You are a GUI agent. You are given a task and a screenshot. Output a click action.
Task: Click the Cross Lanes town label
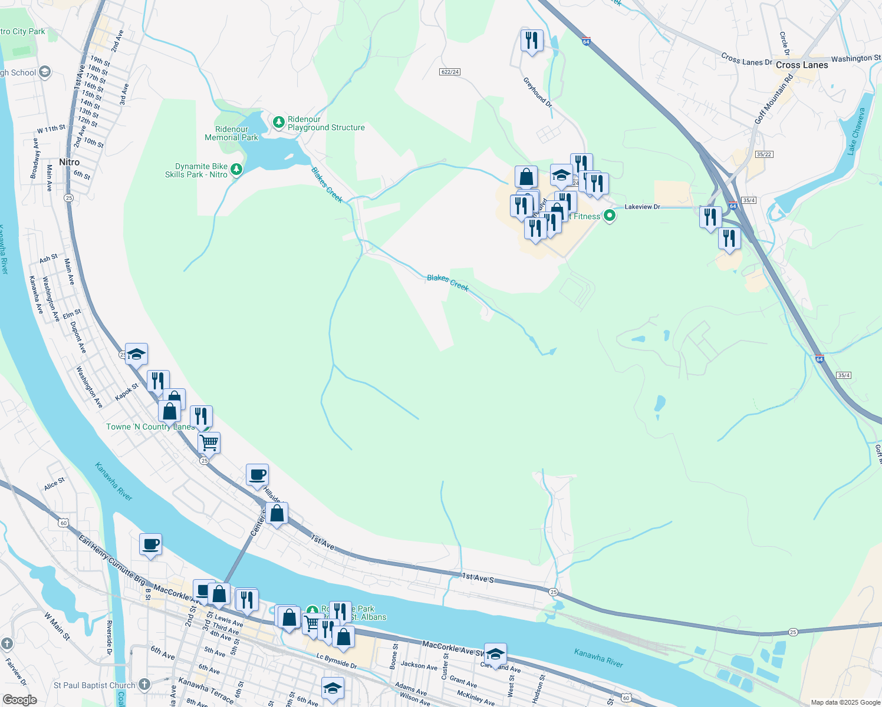point(802,65)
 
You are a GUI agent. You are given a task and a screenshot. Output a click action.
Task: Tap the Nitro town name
point(69,162)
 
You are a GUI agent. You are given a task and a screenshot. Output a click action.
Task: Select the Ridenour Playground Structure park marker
point(279,123)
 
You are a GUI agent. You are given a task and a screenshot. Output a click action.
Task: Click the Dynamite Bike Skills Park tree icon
point(236,170)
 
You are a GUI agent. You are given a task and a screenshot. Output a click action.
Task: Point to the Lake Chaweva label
point(856,131)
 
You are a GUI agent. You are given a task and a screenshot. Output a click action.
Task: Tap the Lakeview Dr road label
point(642,207)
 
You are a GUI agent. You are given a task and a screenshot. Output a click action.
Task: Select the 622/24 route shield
point(449,72)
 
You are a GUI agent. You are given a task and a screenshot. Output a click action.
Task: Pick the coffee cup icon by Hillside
point(257,474)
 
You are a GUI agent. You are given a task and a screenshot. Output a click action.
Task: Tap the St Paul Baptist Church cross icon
point(144,685)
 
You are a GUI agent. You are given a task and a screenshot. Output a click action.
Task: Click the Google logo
point(19,700)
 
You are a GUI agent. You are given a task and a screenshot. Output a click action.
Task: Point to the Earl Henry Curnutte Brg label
point(112,560)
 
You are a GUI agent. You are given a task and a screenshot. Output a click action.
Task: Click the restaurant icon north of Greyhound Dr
point(532,40)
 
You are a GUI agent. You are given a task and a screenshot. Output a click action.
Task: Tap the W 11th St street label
point(51,129)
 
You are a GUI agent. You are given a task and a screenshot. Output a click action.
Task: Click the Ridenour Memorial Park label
point(231,133)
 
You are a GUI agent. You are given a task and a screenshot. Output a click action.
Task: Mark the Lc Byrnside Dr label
point(337,660)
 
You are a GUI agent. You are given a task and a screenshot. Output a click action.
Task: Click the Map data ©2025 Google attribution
point(845,702)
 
